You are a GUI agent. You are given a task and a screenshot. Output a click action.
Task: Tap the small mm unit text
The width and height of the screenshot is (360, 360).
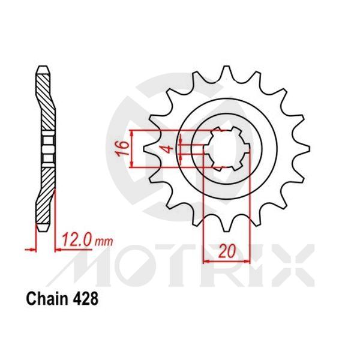[104, 242]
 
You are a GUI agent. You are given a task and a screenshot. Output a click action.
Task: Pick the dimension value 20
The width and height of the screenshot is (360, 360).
[225, 253]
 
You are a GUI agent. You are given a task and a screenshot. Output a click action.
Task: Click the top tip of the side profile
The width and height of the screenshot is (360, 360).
[43, 67]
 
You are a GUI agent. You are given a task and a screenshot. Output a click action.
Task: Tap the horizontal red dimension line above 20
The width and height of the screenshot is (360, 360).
[225, 261]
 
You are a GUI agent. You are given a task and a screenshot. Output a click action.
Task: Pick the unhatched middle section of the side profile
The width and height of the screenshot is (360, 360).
[46, 148]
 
